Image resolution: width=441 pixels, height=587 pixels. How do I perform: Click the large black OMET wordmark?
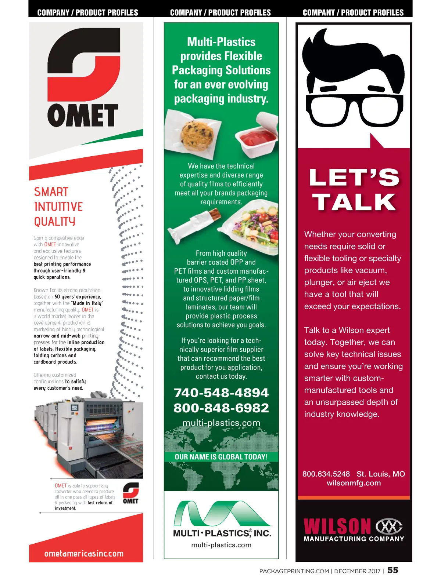[83, 115]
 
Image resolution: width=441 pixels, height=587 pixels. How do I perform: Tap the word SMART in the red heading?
[51, 192]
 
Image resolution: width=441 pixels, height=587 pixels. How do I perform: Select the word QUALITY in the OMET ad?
[54, 222]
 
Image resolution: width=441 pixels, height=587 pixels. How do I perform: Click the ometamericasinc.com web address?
[84, 554]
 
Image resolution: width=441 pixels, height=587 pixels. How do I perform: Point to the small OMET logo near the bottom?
[130, 493]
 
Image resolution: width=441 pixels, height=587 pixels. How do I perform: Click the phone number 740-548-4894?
[221, 393]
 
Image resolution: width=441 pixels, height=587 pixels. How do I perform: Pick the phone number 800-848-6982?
[221, 408]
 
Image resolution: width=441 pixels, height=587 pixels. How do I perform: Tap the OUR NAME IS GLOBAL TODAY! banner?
[221, 457]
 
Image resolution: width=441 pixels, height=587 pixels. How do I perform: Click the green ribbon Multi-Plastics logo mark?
[221, 513]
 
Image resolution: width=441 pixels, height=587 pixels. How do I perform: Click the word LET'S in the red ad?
[354, 178]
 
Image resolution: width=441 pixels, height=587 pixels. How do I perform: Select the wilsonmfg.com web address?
[354, 483]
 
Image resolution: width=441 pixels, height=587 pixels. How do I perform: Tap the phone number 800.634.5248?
[326, 474]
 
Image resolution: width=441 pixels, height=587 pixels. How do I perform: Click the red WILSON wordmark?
[337, 526]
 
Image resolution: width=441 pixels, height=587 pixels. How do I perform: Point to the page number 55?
[392, 570]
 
